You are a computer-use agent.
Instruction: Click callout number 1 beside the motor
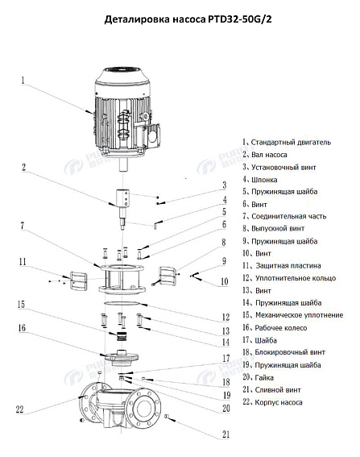click(23, 81)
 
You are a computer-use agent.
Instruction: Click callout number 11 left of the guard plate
click(23, 262)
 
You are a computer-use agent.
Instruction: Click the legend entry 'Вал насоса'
click(265, 155)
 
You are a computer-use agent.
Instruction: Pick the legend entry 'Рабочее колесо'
click(274, 327)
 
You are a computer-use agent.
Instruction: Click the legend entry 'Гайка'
click(261, 377)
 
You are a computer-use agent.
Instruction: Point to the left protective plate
click(78, 280)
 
